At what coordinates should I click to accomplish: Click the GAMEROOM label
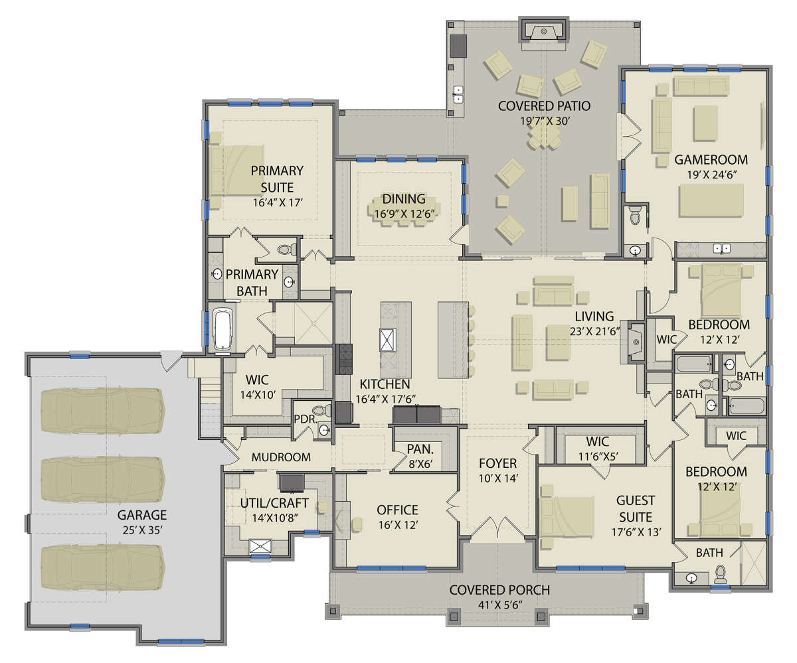tap(711, 159)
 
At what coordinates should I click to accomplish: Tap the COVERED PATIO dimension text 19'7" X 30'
tap(545, 121)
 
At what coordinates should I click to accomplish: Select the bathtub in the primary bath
tap(222, 329)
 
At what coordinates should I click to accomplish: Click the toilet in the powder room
tap(321, 411)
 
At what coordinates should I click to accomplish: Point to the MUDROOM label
tap(281, 457)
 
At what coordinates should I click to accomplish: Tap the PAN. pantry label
tap(420, 449)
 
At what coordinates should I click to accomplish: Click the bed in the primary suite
tap(236, 171)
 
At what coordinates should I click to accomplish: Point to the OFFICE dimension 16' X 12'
tap(398, 525)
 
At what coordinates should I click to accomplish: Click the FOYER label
tap(497, 463)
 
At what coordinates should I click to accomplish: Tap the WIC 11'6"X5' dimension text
tap(598, 456)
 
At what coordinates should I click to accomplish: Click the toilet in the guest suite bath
tap(719, 574)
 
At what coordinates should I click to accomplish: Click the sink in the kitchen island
tap(388, 340)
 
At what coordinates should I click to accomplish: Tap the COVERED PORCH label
tap(499, 590)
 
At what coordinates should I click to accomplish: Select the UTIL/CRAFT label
tap(274, 503)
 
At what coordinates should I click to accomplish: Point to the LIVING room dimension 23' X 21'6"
tap(594, 332)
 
